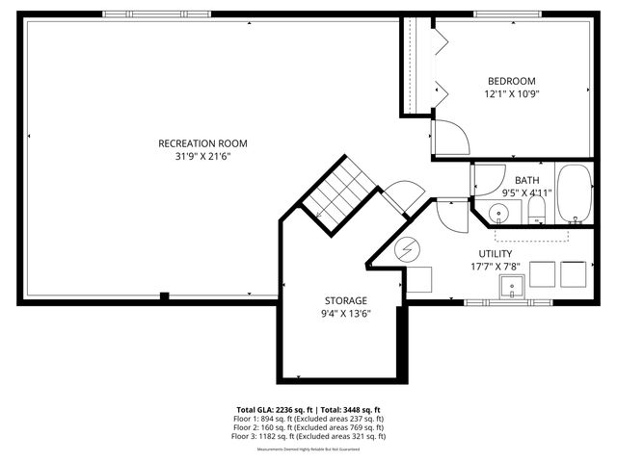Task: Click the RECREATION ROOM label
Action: click(x=197, y=143)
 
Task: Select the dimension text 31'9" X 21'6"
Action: click(x=197, y=156)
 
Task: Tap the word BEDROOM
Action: click(x=511, y=82)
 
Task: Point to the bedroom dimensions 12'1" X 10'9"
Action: click(x=511, y=94)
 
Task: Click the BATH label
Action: click(x=526, y=180)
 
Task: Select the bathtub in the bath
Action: click(x=576, y=192)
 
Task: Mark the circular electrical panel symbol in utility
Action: click(x=407, y=250)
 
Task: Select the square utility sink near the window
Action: click(x=511, y=286)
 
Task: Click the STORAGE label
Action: click(x=344, y=300)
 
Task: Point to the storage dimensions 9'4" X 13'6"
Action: click(x=344, y=313)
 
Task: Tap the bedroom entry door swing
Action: click(x=450, y=138)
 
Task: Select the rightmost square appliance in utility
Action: click(x=575, y=274)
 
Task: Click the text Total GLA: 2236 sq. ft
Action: click(x=275, y=409)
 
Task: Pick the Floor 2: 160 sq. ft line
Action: click(x=308, y=427)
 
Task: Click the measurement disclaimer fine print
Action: click(x=308, y=449)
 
